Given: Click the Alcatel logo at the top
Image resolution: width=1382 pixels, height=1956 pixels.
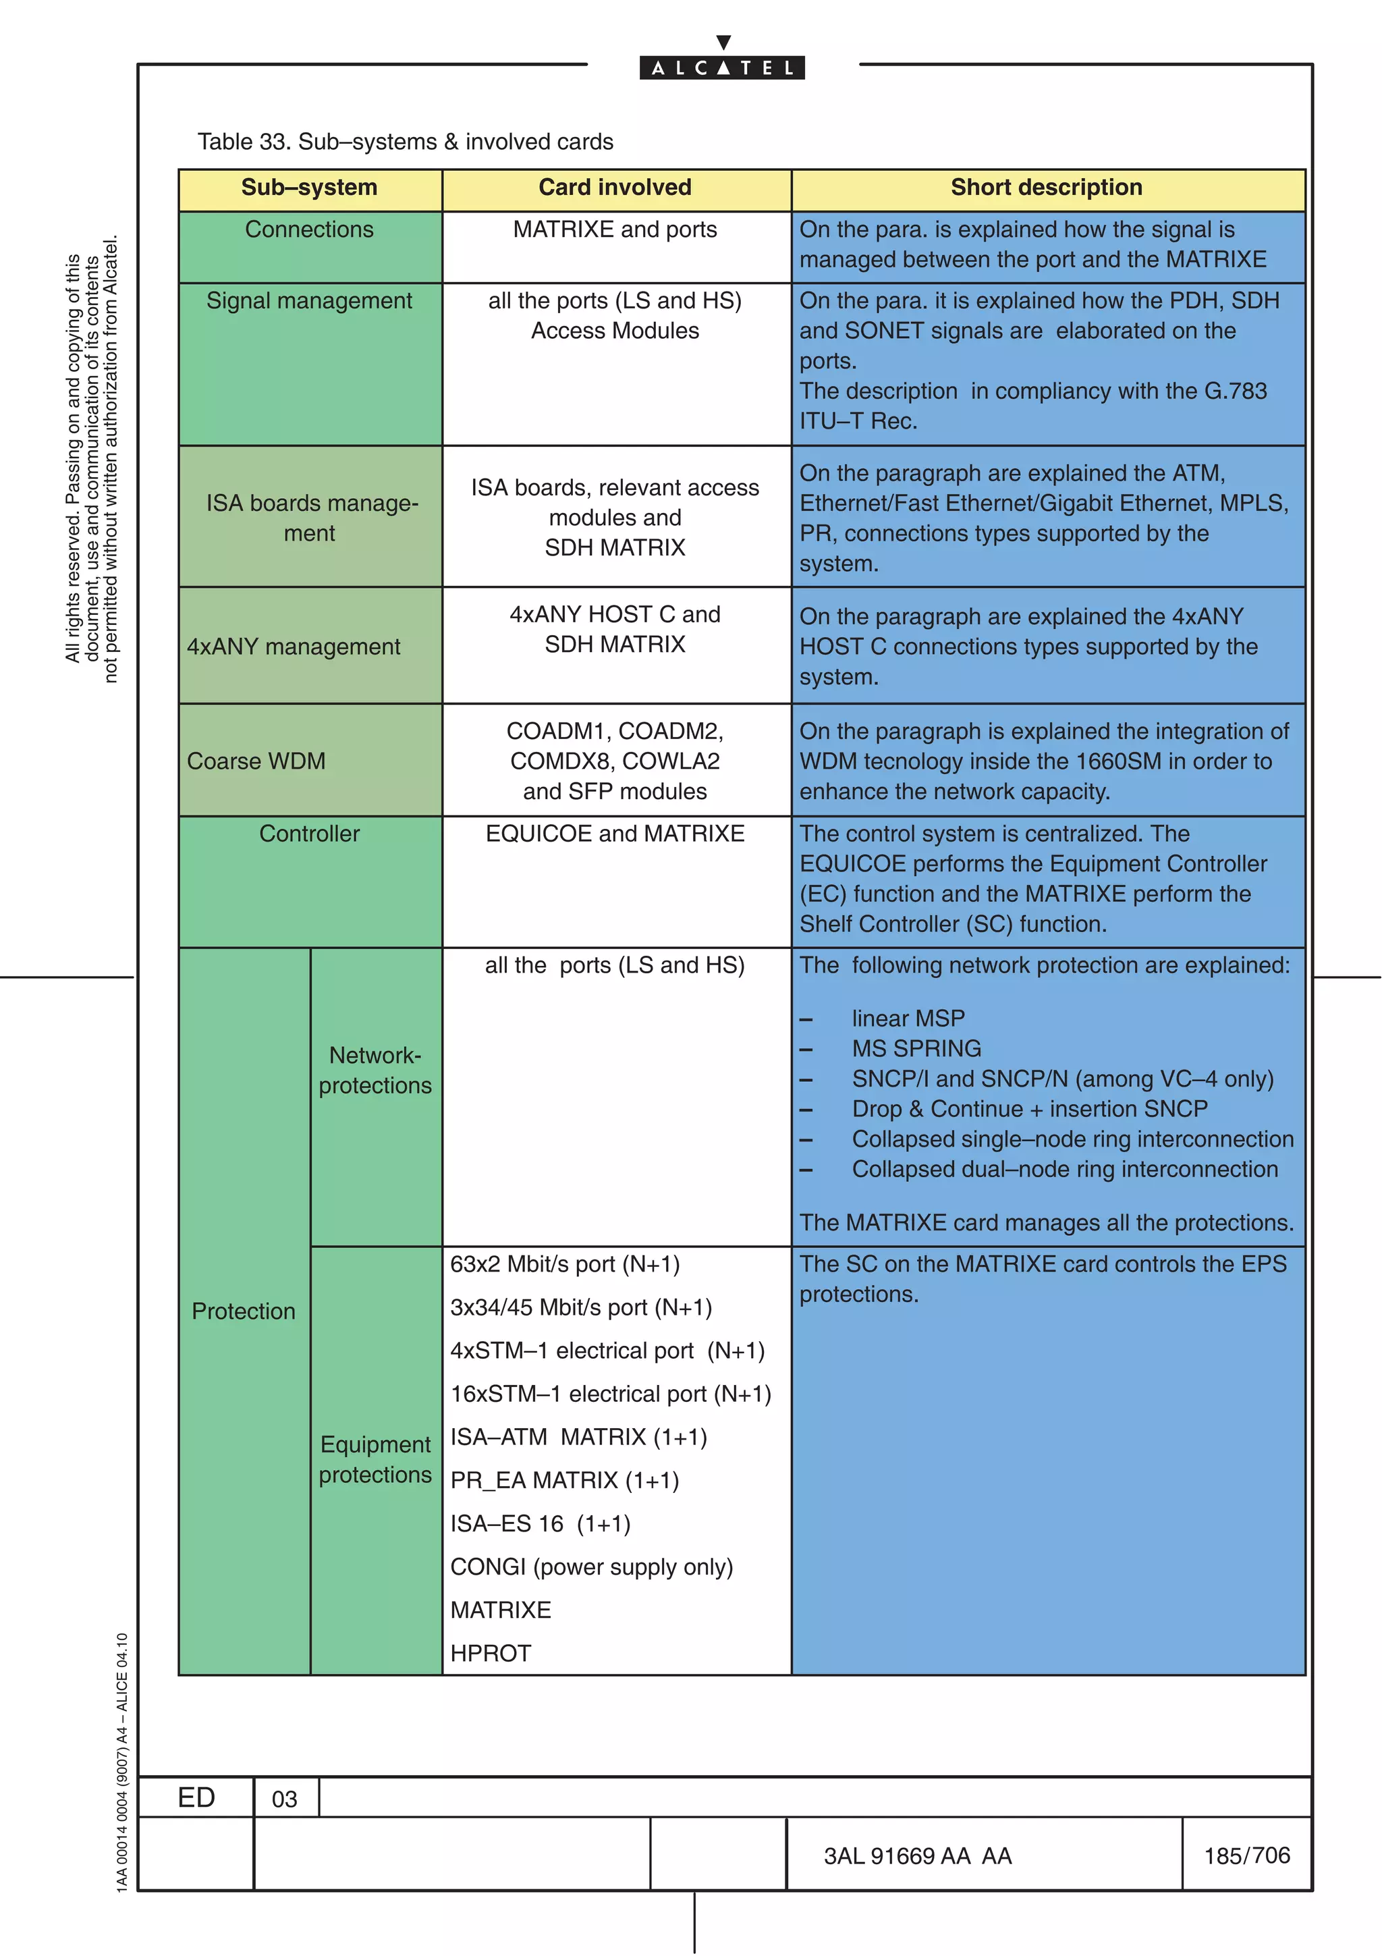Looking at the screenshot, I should (x=722, y=61).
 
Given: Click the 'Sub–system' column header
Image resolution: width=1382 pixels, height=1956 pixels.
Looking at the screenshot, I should (x=309, y=188).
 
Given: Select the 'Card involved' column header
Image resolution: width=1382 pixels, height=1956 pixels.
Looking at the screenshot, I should (x=615, y=188).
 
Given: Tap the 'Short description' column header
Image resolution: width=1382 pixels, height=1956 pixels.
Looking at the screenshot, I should (x=1047, y=188).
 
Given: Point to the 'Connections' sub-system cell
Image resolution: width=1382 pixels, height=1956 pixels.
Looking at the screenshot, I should (x=309, y=229).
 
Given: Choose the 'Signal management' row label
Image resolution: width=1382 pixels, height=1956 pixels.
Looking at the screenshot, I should (x=309, y=301).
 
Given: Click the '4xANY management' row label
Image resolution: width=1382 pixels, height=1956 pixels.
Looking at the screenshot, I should (x=293, y=647).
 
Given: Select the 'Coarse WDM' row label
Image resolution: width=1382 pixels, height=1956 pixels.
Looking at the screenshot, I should (x=256, y=761).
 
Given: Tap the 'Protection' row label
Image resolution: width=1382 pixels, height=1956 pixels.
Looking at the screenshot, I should (x=244, y=1311).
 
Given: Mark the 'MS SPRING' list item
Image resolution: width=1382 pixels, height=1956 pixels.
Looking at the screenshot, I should (x=916, y=1049).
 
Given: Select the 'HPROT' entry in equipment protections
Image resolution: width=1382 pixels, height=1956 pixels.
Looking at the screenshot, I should (x=491, y=1654).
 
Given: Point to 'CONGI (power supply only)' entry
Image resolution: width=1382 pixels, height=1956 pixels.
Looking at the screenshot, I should (x=591, y=1567).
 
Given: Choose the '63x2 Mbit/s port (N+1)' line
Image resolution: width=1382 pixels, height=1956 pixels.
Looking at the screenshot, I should (x=565, y=1264).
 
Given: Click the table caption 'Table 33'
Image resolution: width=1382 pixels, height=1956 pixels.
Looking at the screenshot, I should (x=406, y=142).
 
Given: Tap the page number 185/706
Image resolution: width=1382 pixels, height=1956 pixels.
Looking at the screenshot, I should (x=1246, y=1855).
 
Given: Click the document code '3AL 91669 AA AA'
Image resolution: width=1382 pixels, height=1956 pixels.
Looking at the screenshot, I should (x=917, y=1856).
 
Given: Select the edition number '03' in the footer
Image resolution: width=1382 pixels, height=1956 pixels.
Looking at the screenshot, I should (x=284, y=1799).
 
